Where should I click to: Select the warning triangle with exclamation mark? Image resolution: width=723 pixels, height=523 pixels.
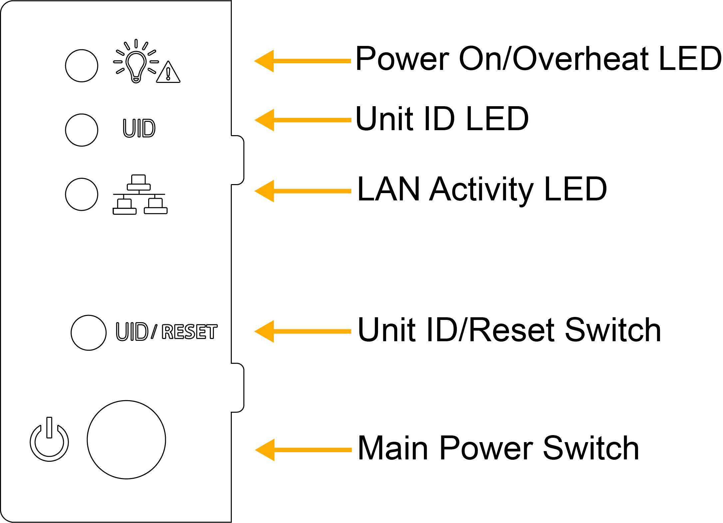pyautogui.click(x=168, y=72)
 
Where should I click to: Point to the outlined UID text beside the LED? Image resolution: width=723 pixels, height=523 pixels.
pyautogui.click(x=139, y=128)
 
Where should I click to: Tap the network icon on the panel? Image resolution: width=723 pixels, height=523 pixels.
pyautogui.click(x=140, y=194)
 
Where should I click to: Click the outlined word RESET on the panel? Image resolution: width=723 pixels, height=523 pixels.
pyautogui.click(x=189, y=332)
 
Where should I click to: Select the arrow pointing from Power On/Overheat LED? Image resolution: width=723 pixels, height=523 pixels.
pyautogui.click(x=302, y=61)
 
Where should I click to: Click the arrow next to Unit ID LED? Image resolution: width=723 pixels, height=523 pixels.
pyautogui.click(x=303, y=120)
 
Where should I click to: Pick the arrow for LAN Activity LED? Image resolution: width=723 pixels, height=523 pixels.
pyautogui.click(x=303, y=191)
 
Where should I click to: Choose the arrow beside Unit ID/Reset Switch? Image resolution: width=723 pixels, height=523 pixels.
pyautogui.click(x=302, y=331)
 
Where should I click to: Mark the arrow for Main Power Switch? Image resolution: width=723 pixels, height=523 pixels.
pyautogui.click(x=303, y=450)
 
